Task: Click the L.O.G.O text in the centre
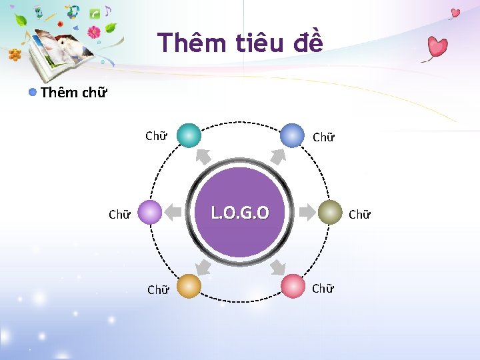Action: [x=240, y=213]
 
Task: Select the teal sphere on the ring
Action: [x=189, y=135]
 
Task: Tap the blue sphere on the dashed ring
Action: [x=291, y=135]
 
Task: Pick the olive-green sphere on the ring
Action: [x=329, y=212]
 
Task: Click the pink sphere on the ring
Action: [x=292, y=286]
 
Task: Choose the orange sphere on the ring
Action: [x=189, y=286]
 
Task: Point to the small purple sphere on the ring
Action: [x=151, y=213]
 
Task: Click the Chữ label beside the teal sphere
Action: [x=156, y=137]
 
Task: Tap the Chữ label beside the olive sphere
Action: [x=359, y=215]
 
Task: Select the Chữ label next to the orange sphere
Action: [x=157, y=290]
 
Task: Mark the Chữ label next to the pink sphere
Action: [x=323, y=289]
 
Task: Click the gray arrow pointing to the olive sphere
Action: [x=307, y=213]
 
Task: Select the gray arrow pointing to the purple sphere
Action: [x=173, y=213]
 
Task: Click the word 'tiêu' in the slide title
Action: [x=261, y=43]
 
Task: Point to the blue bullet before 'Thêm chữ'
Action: [x=33, y=92]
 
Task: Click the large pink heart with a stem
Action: [x=437, y=47]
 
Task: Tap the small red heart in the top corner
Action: [x=455, y=13]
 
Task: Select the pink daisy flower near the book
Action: [x=94, y=31]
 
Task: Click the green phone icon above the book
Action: [x=95, y=13]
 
